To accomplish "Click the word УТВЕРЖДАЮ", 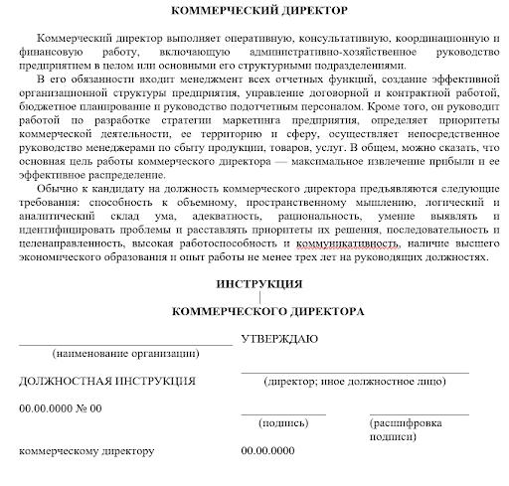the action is click(x=279, y=338).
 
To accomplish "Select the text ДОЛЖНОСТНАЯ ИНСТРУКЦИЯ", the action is click(x=107, y=380).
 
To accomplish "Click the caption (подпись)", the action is click(x=283, y=421).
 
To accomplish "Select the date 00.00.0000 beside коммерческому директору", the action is click(x=268, y=451).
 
